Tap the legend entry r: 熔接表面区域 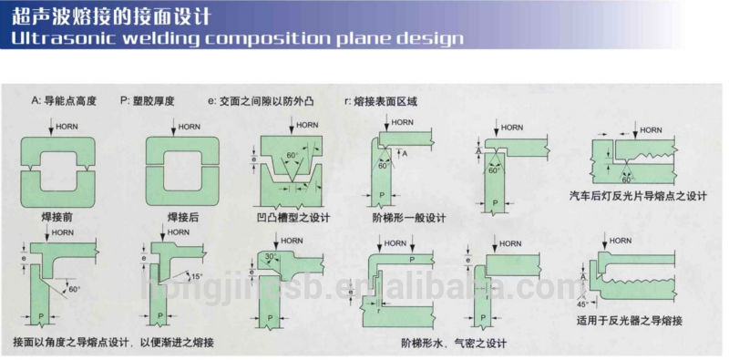coord(381,99)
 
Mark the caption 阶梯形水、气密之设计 coord(453,343)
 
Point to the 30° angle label coord(272,257)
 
